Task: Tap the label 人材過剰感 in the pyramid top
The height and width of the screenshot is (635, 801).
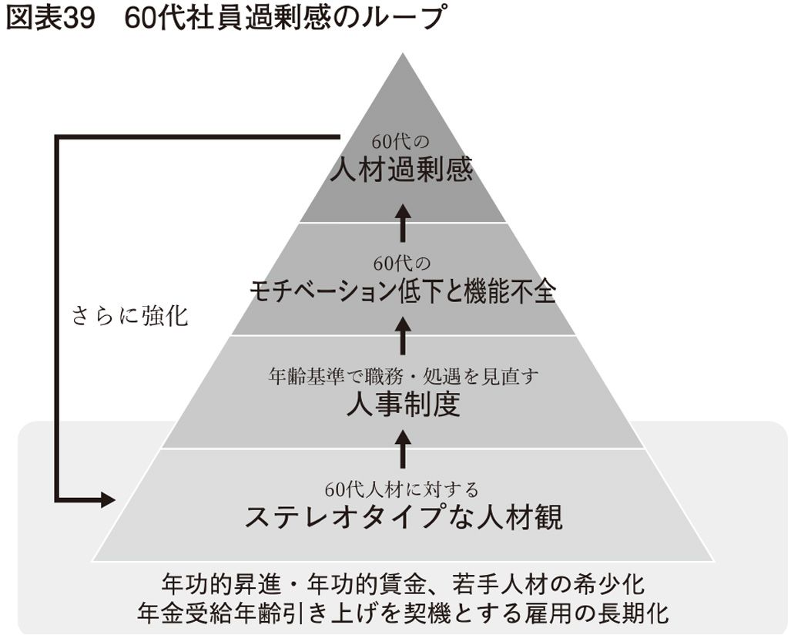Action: tap(400, 170)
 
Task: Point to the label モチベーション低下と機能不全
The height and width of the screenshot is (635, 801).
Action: tap(402, 291)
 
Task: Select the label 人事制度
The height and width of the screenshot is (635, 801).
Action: tap(402, 404)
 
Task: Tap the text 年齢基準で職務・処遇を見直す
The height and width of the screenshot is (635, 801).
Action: tap(402, 376)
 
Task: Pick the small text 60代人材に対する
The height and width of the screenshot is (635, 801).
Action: tap(402, 489)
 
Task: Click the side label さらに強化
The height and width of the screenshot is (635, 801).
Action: tap(129, 316)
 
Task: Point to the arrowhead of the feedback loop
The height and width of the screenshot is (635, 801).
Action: tap(108, 499)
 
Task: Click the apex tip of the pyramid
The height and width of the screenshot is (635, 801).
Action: tap(402, 54)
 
